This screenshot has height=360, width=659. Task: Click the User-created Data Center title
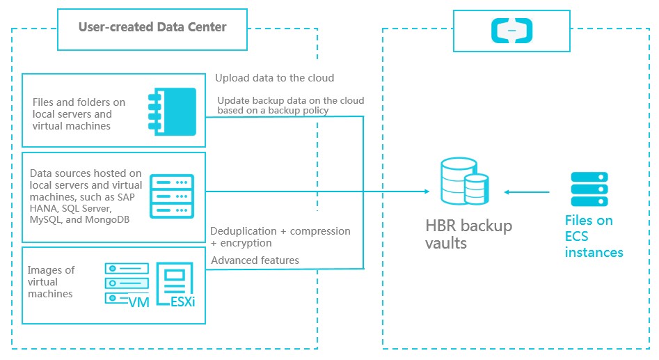(152, 28)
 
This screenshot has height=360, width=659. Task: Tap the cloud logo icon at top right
(511, 29)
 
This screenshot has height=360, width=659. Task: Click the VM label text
(139, 302)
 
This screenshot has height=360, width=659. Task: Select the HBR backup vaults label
(468, 235)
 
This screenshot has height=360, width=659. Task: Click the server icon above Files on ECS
(589, 189)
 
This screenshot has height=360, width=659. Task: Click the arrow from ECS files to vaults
(528, 192)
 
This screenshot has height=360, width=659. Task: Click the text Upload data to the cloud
(274, 78)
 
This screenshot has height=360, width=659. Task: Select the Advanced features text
(255, 260)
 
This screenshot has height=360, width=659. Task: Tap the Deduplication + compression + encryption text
(280, 237)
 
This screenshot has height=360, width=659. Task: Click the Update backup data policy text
(290, 106)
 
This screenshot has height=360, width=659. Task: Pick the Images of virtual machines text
(51, 282)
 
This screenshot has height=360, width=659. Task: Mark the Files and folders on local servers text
(79, 114)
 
